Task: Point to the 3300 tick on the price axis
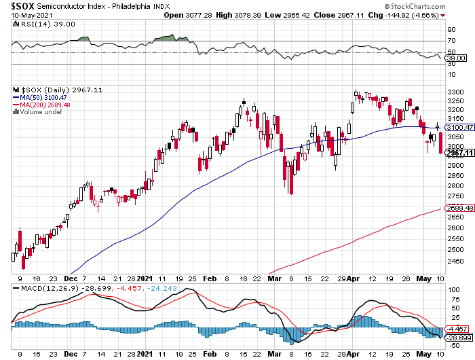pyautogui.click(x=455, y=92)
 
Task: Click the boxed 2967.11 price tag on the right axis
pyautogui.click(x=459, y=154)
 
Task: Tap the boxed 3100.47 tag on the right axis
pyautogui.click(x=459, y=127)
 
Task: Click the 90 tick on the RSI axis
pyautogui.click(x=451, y=31)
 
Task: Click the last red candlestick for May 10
pyautogui.click(x=441, y=143)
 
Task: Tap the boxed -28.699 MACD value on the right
pyautogui.click(x=459, y=338)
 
